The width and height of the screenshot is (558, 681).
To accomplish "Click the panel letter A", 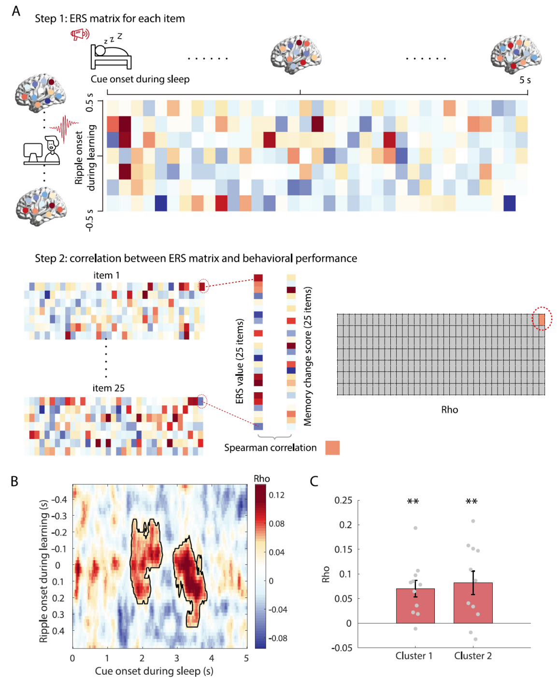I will (16, 11).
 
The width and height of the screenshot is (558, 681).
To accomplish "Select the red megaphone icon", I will (80, 34).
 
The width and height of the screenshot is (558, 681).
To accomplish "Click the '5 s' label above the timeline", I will (525, 80).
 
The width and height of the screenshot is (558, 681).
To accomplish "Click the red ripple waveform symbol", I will (64, 128).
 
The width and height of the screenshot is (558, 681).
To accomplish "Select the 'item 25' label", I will (109, 388).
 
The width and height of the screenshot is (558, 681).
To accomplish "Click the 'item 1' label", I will (106, 275).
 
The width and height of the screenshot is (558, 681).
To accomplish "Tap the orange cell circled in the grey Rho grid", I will (542, 319).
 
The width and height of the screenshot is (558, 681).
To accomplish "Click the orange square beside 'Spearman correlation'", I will (332, 448).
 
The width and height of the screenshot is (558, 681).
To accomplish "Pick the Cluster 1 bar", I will (415, 606).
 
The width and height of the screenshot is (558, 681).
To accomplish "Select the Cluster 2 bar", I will (473, 603).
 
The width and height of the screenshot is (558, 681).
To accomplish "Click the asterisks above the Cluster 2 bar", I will (472, 502).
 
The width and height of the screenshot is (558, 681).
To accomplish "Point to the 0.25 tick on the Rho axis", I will (343, 500).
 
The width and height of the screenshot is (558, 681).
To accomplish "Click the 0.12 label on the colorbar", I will (277, 495).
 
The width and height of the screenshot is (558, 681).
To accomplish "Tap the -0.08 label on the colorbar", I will (277, 638).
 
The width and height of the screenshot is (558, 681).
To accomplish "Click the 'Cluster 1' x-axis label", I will (414, 656).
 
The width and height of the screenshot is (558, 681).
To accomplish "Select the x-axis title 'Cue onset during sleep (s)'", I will (154, 671).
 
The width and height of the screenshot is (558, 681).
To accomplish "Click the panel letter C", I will (314, 481).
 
